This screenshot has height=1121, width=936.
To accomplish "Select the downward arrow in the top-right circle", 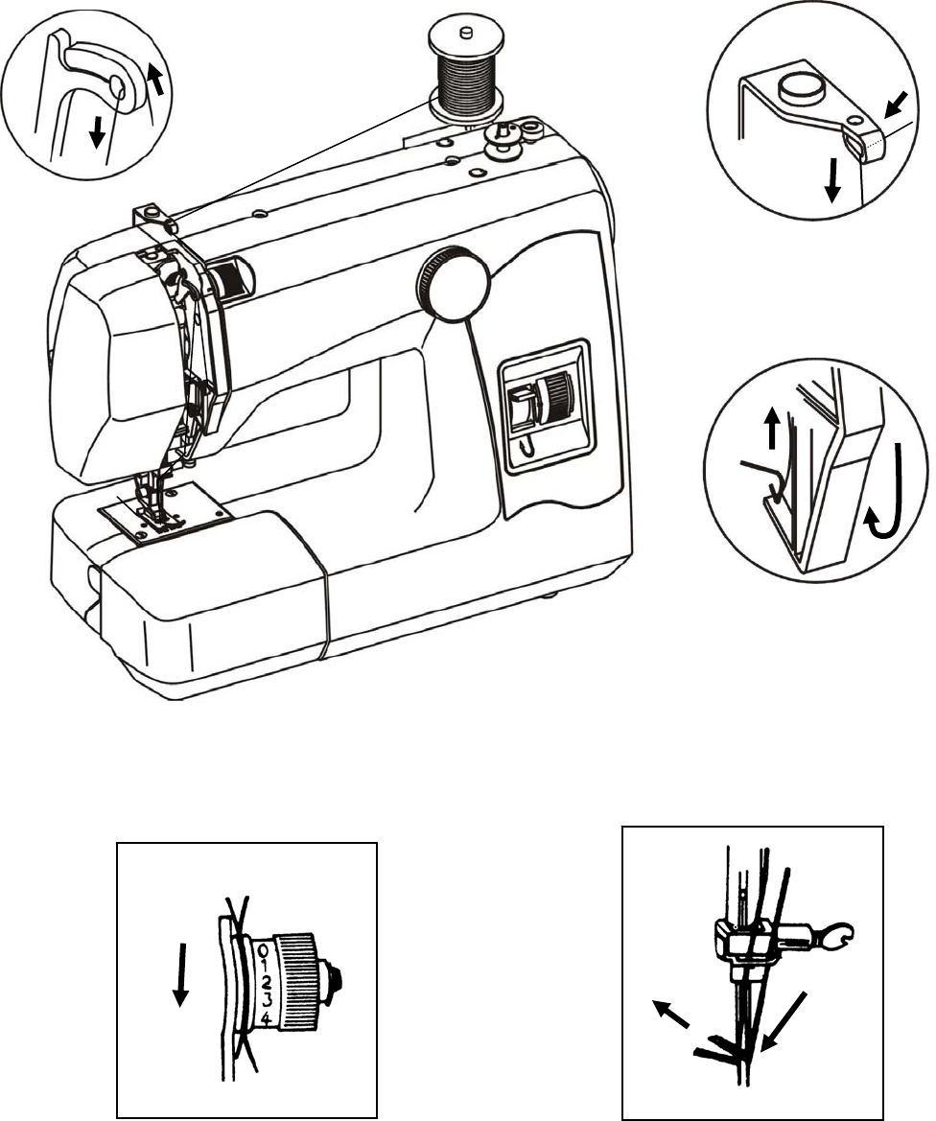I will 832,180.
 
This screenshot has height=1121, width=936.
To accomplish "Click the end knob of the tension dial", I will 334,979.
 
